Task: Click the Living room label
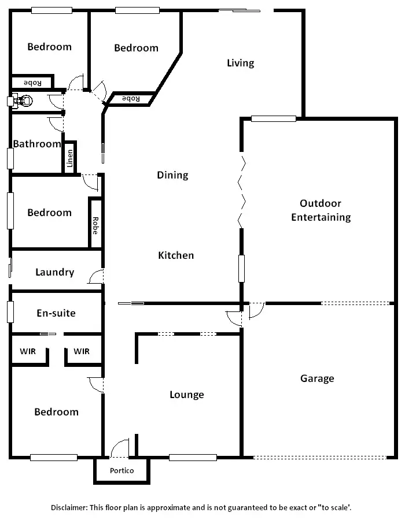coord(240,63)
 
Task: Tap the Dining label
coord(172,175)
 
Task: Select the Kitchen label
coord(176,255)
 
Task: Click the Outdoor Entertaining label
coord(321,210)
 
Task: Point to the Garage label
coord(317,378)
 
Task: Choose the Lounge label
coord(186,395)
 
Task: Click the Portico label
coord(122,471)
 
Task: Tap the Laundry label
coord(54,272)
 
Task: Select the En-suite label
coord(56,313)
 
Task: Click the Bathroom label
coord(37,144)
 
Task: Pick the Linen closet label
coord(70,158)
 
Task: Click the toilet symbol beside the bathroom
coord(20,101)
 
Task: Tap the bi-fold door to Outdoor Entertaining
coord(242,191)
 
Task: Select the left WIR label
coord(28,351)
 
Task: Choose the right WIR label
coord(82,351)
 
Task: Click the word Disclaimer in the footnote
coord(69,507)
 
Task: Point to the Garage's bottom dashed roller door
coord(319,458)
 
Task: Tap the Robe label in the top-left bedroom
coord(32,83)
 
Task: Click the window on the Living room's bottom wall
coord(274,119)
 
